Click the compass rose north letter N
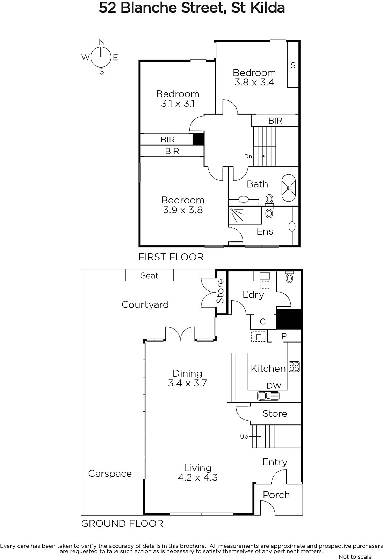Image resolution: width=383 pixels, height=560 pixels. (x=102, y=42)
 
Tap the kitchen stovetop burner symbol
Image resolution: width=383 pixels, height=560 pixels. (x=294, y=367)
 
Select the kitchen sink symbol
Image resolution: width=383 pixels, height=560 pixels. (x=268, y=396)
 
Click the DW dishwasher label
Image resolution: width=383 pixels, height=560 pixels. (x=274, y=386)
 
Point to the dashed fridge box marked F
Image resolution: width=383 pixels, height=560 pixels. (x=258, y=336)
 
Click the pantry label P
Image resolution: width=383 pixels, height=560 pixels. (x=284, y=336)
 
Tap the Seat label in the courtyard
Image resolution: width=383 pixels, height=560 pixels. (x=149, y=275)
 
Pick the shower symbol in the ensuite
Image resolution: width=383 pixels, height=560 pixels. (x=236, y=215)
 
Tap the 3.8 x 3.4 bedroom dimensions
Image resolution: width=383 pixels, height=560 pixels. (x=254, y=82)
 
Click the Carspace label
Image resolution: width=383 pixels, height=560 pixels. (x=110, y=474)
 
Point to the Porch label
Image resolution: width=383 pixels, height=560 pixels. (x=276, y=495)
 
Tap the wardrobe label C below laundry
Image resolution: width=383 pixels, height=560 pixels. (x=263, y=322)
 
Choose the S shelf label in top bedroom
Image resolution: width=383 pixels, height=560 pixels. (x=293, y=65)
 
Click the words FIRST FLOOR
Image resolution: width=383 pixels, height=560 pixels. (x=171, y=257)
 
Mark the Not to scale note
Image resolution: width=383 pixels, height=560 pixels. (x=355, y=556)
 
